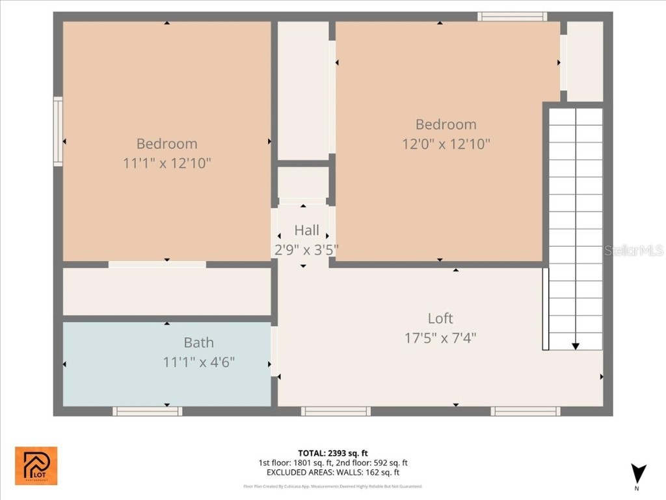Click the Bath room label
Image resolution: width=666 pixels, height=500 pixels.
click(198, 342)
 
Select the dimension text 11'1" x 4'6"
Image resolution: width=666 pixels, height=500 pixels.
click(198, 362)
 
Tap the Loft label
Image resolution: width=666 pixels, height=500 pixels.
click(440, 318)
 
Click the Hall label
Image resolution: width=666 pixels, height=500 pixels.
click(306, 230)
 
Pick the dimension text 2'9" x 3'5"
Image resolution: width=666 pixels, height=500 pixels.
click(305, 249)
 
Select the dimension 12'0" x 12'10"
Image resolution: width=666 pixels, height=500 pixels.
click(446, 144)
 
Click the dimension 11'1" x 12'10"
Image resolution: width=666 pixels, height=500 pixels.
click(166, 163)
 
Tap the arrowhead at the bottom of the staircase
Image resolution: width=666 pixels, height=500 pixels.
click(576, 346)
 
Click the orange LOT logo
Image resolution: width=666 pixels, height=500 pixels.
click(36, 465)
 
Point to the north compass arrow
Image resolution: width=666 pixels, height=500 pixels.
click(638, 474)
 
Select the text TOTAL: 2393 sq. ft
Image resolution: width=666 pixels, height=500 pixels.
click(333, 453)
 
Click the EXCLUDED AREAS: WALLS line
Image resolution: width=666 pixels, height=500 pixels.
click(333, 473)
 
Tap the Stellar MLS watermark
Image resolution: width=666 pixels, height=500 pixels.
click(634, 250)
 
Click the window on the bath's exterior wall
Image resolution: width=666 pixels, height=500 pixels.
click(147, 411)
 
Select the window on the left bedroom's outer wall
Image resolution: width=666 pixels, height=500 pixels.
click(58, 132)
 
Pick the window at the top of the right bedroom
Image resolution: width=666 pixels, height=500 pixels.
click(512, 16)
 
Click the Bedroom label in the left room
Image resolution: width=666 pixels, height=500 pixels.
click(166, 144)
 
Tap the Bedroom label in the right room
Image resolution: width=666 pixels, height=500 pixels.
click(446, 124)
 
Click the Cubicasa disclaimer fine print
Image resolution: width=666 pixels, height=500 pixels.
click(333, 486)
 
